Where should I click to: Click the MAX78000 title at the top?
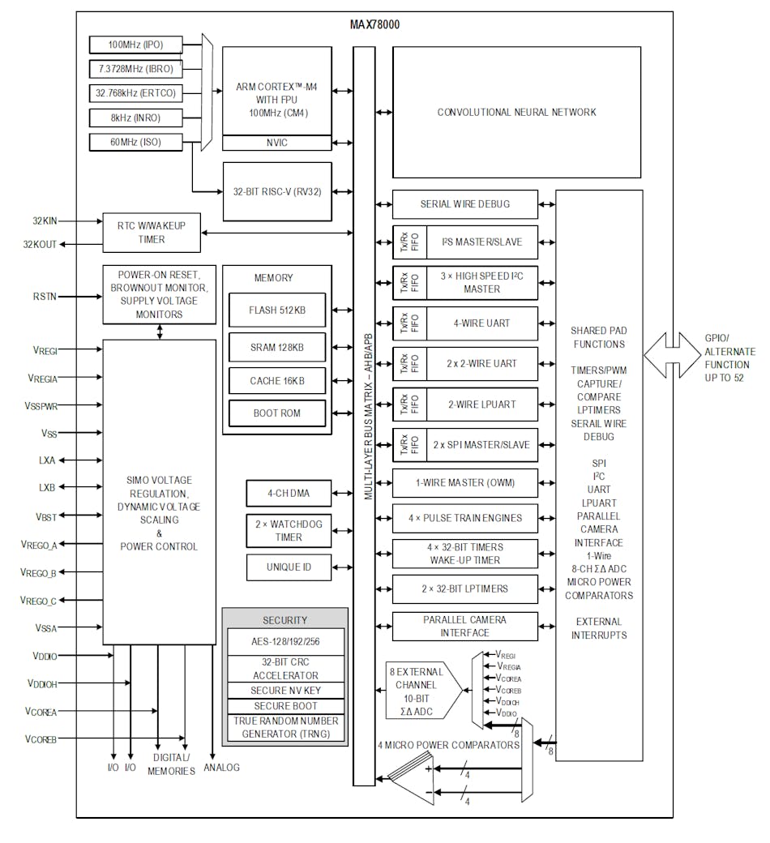point(374,24)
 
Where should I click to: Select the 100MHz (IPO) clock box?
point(135,44)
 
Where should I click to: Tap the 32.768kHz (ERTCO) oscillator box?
point(135,93)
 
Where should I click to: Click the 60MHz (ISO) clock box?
point(135,143)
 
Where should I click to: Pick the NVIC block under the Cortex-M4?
point(276,143)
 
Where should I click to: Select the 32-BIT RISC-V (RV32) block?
point(276,191)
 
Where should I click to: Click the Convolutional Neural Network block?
point(516,113)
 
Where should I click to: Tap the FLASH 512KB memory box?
point(276,310)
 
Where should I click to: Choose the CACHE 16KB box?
point(276,380)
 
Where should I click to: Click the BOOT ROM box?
point(276,413)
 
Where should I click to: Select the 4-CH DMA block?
point(289,493)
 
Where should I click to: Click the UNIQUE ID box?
point(289,567)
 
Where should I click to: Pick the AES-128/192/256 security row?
point(284,641)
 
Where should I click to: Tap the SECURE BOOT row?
point(284,706)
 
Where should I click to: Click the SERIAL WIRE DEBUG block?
point(464,204)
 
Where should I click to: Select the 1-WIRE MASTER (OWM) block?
point(464,483)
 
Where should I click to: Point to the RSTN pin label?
point(45,297)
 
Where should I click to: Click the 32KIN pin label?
point(45,220)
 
